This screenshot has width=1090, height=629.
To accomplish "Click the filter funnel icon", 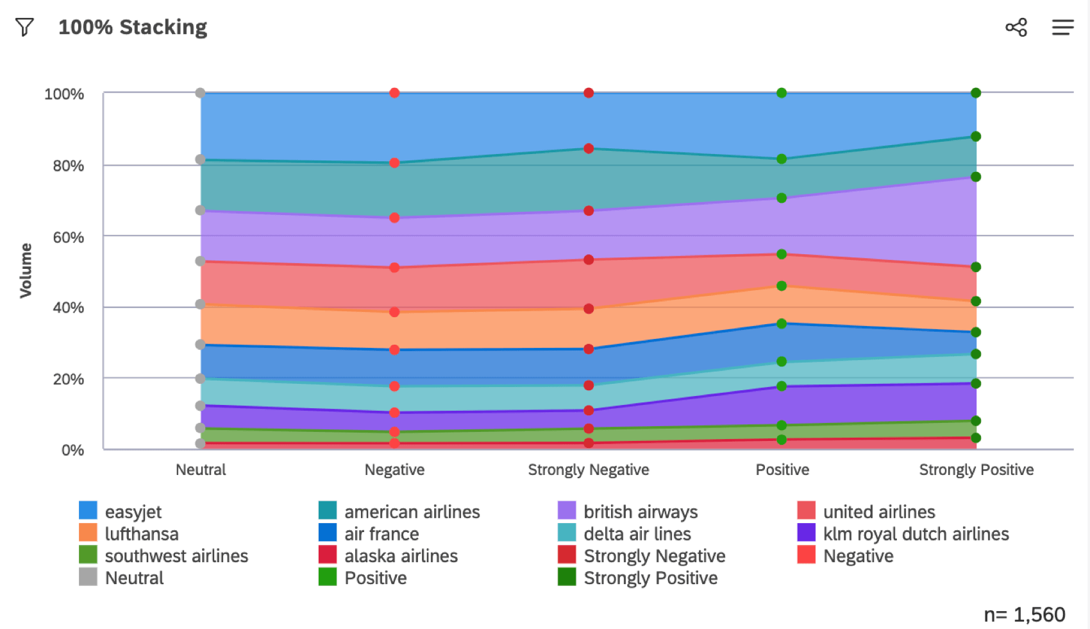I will (x=24, y=27).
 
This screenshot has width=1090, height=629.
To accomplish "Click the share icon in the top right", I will (x=1016, y=27).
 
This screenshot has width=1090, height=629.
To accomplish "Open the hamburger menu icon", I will (x=1062, y=27).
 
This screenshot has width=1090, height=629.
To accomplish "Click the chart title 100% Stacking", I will (x=133, y=27).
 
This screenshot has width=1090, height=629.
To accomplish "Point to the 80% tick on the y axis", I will (x=68, y=166).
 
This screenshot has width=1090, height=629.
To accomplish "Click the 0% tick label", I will (x=72, y=450).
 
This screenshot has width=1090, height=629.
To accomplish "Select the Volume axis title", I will (x=26, y=270).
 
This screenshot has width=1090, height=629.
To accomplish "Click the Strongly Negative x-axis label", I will (x=588, y=470).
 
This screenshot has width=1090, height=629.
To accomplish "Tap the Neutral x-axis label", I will (x=201, y=470).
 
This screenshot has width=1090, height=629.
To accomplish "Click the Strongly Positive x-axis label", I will (x=976, y=470).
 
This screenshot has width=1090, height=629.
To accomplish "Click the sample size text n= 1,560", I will (x=1024, y=614).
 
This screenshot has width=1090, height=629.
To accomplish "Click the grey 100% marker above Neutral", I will (x=201, y=93).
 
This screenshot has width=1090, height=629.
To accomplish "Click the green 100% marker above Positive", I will (x=782, y=93).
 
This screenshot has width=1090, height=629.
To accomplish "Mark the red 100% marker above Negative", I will (x=394, y=93).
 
